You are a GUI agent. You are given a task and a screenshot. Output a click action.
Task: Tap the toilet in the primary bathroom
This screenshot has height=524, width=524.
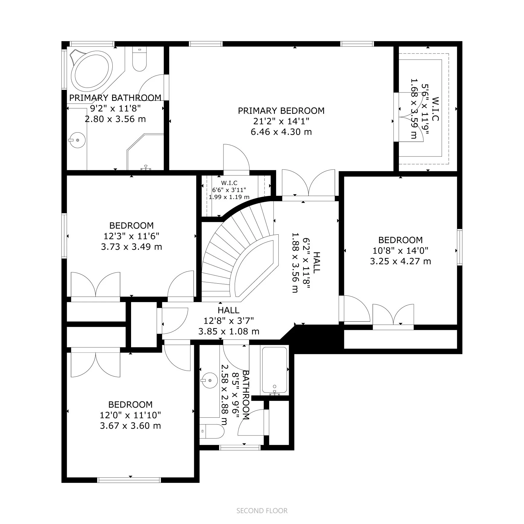coord(139,60)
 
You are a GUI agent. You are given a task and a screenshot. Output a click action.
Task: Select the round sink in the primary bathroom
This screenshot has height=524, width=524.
coord(78,140)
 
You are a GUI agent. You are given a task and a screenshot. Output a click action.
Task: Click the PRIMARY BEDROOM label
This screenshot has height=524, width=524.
coord(281,111)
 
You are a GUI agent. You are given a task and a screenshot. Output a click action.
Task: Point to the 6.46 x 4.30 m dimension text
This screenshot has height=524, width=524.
coord(281,132)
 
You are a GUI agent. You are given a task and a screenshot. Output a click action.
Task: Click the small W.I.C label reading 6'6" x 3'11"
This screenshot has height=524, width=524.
coord(229,190)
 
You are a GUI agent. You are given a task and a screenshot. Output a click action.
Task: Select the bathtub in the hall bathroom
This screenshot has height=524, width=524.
coord(274,371)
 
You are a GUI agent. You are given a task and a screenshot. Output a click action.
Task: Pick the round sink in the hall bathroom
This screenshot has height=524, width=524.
coord(210,381)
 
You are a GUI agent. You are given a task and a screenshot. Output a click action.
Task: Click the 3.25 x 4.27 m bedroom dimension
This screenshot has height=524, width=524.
coord(400,261)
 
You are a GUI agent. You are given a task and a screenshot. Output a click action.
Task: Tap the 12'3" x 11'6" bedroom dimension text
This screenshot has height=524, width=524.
coord(131,236)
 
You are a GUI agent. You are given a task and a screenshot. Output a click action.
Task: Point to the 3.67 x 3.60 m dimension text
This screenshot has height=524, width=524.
coord(130,426)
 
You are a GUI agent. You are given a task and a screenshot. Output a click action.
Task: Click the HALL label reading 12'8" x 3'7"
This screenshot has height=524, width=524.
coord(229,310)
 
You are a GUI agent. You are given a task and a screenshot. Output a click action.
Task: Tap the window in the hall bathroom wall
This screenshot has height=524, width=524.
coord(239,447)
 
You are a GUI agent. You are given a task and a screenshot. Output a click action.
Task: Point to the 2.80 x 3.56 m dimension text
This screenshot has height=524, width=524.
coord(115,119)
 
